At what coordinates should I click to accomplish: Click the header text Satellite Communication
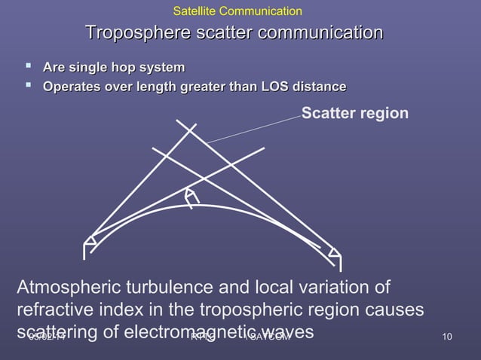pos(237,11)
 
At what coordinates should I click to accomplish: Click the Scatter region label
pos(355,114)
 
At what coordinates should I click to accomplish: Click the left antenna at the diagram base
pos(89,243)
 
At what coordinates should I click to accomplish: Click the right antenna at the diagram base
pos(335,254)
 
